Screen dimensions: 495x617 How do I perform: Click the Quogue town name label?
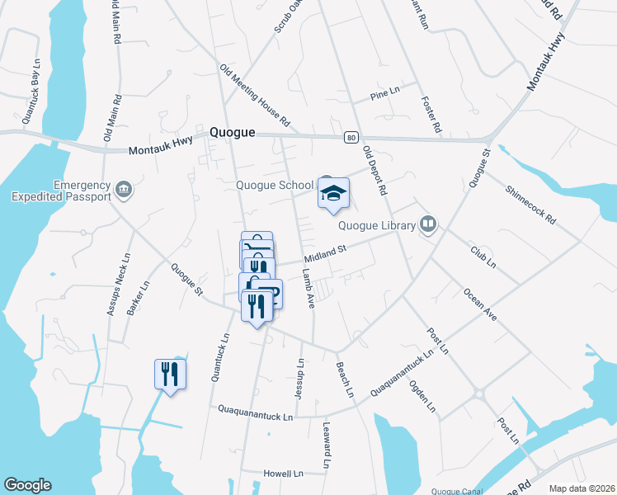232,132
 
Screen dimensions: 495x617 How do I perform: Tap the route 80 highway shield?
351,137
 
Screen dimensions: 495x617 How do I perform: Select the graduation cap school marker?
334,195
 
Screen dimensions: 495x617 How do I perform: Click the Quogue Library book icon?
427,224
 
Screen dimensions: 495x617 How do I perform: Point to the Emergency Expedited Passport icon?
123,191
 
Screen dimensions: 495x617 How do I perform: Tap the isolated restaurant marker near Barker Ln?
170,374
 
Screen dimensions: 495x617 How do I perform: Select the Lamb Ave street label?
309,288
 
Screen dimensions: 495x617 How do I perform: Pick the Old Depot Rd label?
375,171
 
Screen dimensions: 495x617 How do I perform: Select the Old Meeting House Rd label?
254,96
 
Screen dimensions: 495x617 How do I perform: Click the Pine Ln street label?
384,93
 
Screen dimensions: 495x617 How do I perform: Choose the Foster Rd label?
431,115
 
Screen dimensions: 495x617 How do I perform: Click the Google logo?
27,485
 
